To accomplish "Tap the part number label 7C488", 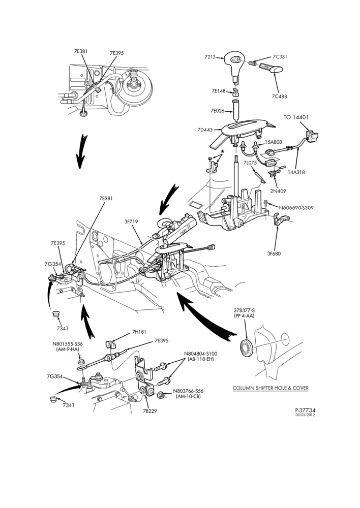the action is pyautogui.click(x=279, y=96).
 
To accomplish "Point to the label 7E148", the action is pyautogui.click(x=219, y=91).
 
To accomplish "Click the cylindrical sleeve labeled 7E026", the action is pyautogui.click(x=236, y=111).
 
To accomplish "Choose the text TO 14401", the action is pyautogui.click(x=296, y=117).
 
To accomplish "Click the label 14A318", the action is pyautogui.click(x=296, y=172).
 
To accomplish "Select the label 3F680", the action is pyautogui.click(x=274, y=253).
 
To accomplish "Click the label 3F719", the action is pyautogui.click(x=131, y=221).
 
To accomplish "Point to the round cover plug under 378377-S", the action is pyautogui.click(x=248, y=347).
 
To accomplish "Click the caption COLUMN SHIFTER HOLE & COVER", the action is pyautogui.click(x=271, y=388).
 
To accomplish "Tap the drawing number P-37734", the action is pyautogui.click(x=305, y=410).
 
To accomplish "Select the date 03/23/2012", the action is pyautogui.click(x=305, y=415).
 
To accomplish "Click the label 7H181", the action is pyautogui.click(x=139, y=332).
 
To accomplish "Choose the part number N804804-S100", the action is pyautogui.click(x=200, y=354).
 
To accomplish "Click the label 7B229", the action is pyautogui.click(x=150, y=411).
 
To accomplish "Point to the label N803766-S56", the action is pyautogui.click(x=188, y=391).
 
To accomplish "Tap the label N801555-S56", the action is pyautogui.click(x=68, y=344).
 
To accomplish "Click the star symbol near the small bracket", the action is pyautogui.click(x=222, y=151).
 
